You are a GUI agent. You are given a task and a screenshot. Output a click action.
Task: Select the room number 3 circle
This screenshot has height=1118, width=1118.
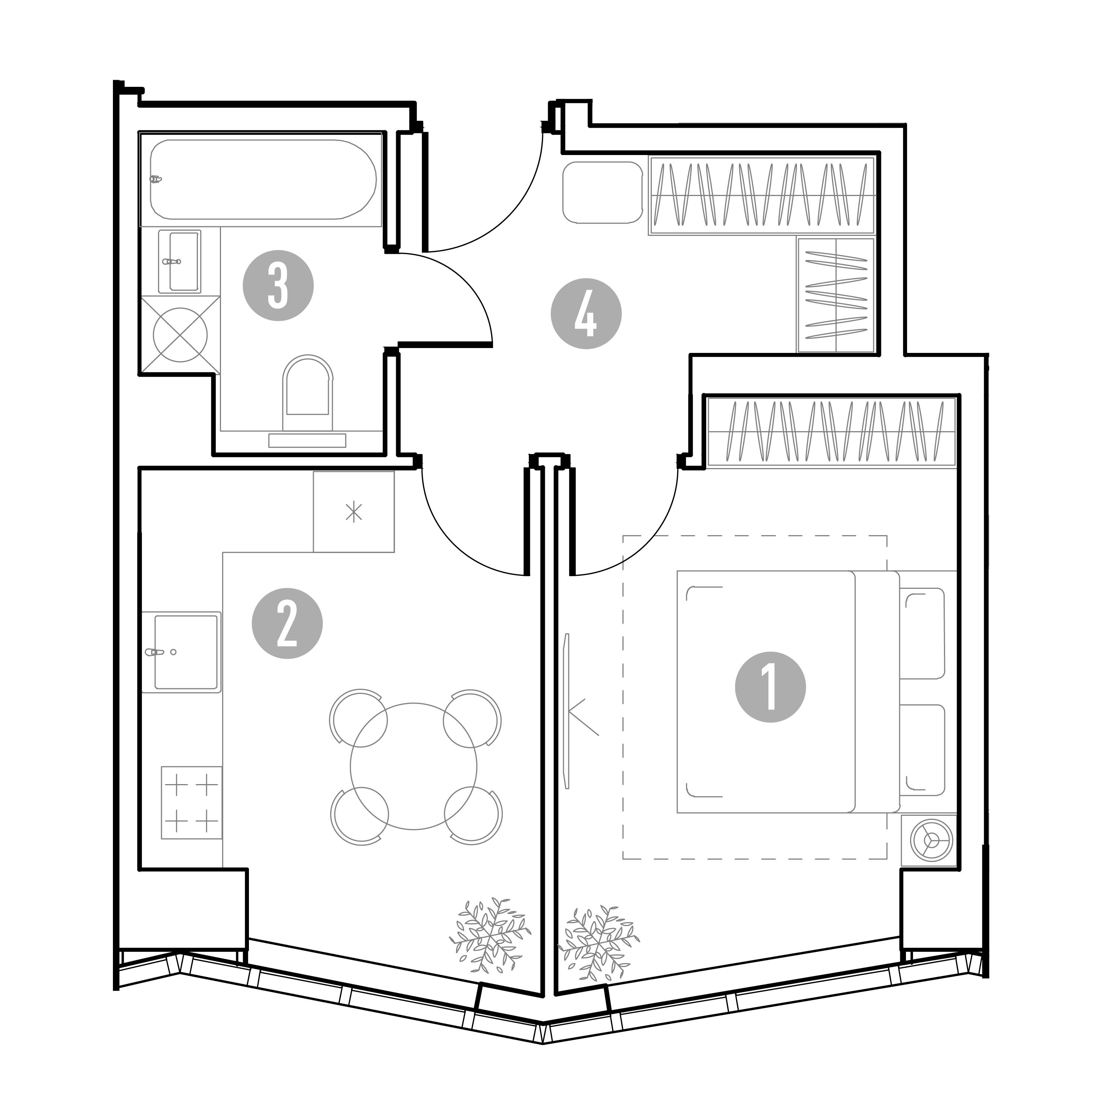click(278, 286)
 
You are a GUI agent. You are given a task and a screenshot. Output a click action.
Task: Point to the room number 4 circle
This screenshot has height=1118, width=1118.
click(586, 314)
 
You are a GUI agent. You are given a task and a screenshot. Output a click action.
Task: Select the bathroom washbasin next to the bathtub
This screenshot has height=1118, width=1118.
click(179, 262)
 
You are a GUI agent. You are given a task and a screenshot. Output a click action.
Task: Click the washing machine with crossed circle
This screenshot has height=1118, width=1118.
click(180, 335)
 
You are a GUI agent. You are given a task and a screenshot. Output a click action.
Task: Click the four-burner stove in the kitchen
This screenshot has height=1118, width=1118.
click(192, 803)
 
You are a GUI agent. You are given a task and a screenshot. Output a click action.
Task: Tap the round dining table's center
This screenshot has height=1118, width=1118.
click(414, 767)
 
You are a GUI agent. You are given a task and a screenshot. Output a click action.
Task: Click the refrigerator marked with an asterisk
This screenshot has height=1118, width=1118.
click(354, 512)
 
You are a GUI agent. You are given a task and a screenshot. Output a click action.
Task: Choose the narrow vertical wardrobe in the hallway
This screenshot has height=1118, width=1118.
click(836, 295)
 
